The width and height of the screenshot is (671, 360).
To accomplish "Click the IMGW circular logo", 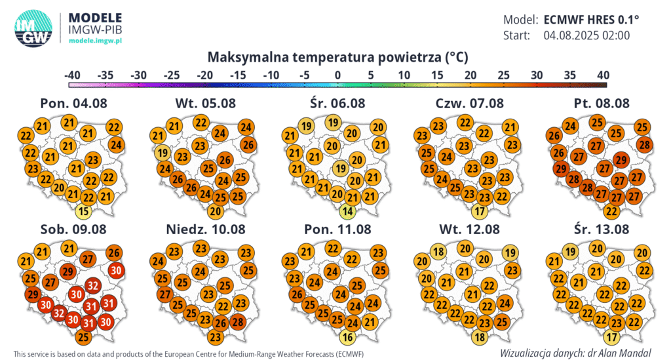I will point(33,29).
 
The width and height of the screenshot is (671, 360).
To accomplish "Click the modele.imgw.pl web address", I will point(96,41).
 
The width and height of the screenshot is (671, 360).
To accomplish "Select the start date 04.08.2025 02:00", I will point(586,35).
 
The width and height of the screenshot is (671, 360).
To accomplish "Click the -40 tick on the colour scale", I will point(73,75).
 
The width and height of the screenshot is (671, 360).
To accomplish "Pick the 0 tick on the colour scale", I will point(337,75).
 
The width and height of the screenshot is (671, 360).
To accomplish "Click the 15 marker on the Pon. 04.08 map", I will point(83,211).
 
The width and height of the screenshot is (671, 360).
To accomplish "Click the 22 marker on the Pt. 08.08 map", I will point(611,211).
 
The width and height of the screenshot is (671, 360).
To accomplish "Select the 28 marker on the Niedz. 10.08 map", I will point(238,321).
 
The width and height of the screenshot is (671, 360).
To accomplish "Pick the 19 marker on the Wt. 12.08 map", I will point(510,253).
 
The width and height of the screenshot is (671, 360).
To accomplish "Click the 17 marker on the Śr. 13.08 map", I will point(611,338).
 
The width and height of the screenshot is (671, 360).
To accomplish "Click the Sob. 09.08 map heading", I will point(73,230).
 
